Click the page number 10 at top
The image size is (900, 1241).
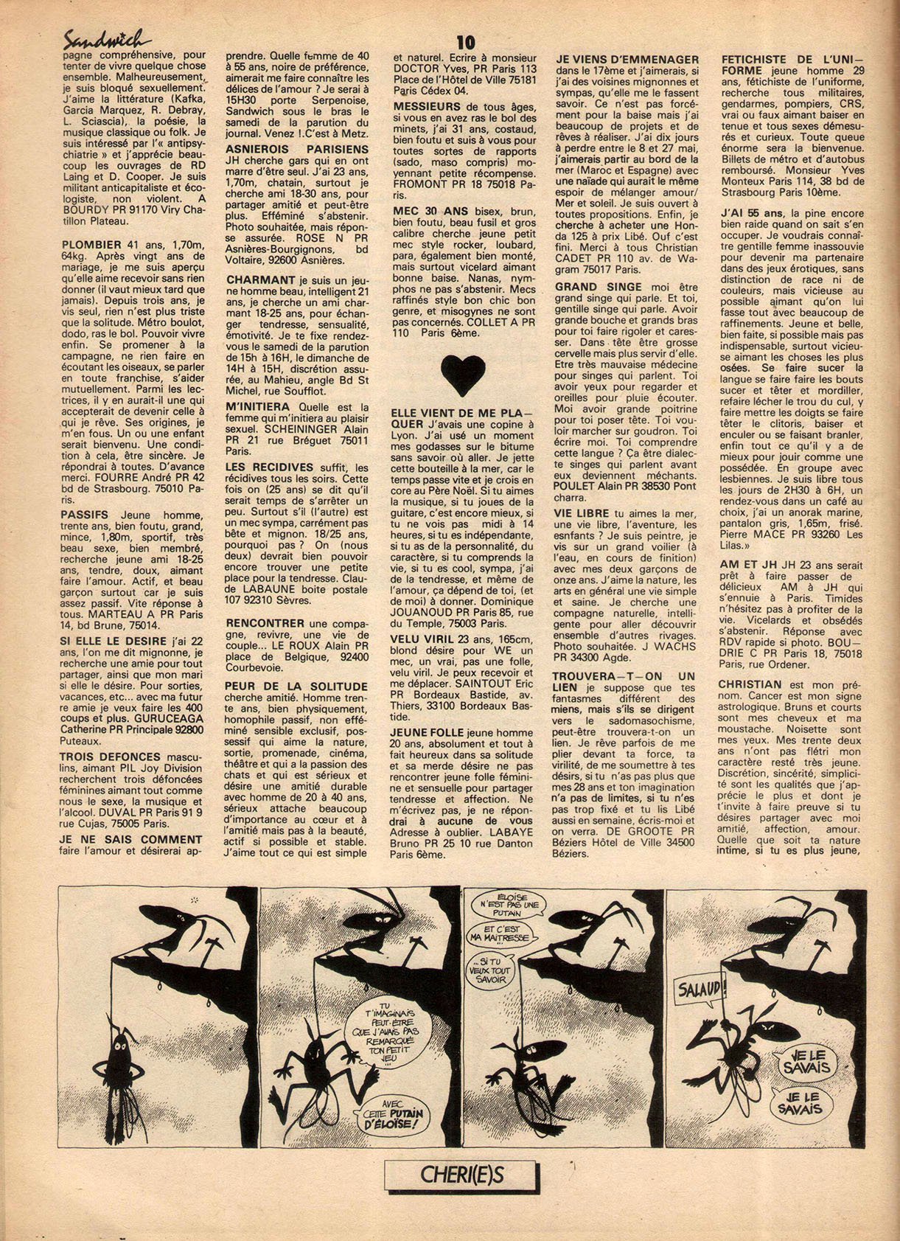point(465,41)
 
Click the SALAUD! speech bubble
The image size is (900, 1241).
point(700,987)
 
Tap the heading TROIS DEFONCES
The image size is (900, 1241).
point(110,757)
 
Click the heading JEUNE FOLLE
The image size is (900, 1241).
point(428,732)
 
